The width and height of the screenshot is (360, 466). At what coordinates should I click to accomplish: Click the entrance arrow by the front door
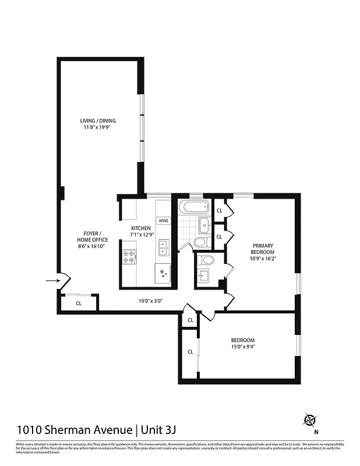click(x=51, y=282)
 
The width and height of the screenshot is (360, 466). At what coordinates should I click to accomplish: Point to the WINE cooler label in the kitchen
click(x=164, y=221)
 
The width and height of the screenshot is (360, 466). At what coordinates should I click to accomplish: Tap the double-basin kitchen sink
click(x=163, y=248)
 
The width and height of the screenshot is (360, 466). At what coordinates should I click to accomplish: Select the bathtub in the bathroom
click(x=193, y=207)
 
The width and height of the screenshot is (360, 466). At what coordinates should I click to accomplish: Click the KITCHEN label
click(x=140, y=228)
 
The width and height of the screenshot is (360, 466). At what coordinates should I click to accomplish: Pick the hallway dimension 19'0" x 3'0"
click(x=150, y=301)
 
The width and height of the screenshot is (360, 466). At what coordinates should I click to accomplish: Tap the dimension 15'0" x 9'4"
click(x=242, y=347)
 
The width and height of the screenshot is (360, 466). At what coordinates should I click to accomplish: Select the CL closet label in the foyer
click(x=79, y=303)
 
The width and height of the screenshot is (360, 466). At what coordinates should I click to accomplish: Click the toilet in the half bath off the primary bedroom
click(x=205, y=260)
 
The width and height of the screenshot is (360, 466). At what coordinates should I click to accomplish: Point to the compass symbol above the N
click(x=310, y=420)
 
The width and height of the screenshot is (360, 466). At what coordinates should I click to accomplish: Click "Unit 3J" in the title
click(x=157, y=430)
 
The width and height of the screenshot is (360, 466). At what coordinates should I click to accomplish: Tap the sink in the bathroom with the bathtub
click(x=204, y=225)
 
